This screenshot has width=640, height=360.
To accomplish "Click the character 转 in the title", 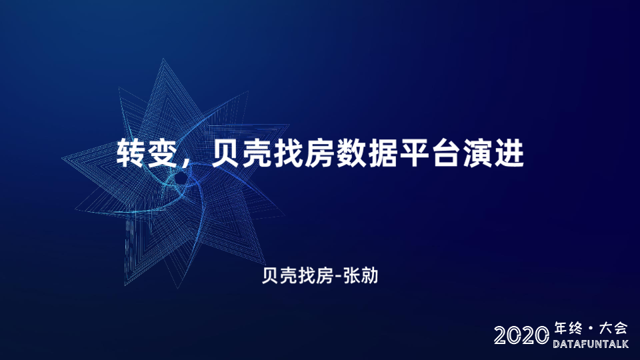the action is [x=131, y=153].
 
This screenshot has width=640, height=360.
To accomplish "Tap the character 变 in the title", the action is [x=162, y=153].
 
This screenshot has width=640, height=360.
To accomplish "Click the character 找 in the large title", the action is [x=288, y=153].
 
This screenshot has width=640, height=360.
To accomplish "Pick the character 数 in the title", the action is [x=351, y=153].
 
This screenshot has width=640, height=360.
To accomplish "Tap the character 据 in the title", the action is [x=382, y=153].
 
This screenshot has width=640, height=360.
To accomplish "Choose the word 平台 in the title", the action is [x=429, y=153].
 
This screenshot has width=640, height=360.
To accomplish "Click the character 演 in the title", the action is [x=476, y=153].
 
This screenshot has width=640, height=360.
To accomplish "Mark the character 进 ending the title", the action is [x=509, y=153].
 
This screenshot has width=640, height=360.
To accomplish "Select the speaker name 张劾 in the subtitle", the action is [x=361, y=276].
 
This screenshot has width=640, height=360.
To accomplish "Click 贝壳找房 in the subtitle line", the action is [x=297, y=276].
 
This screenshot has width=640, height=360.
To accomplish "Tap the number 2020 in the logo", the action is [x=521, y=335].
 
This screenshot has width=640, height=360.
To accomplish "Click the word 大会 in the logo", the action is [x=613, y=329].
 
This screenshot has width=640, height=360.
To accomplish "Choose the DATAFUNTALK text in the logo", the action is [x=591, y=344].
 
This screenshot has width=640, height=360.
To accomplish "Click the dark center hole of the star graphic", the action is [x=181, y=178].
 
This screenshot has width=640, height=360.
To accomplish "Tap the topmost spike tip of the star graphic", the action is [x=164, y=59].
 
